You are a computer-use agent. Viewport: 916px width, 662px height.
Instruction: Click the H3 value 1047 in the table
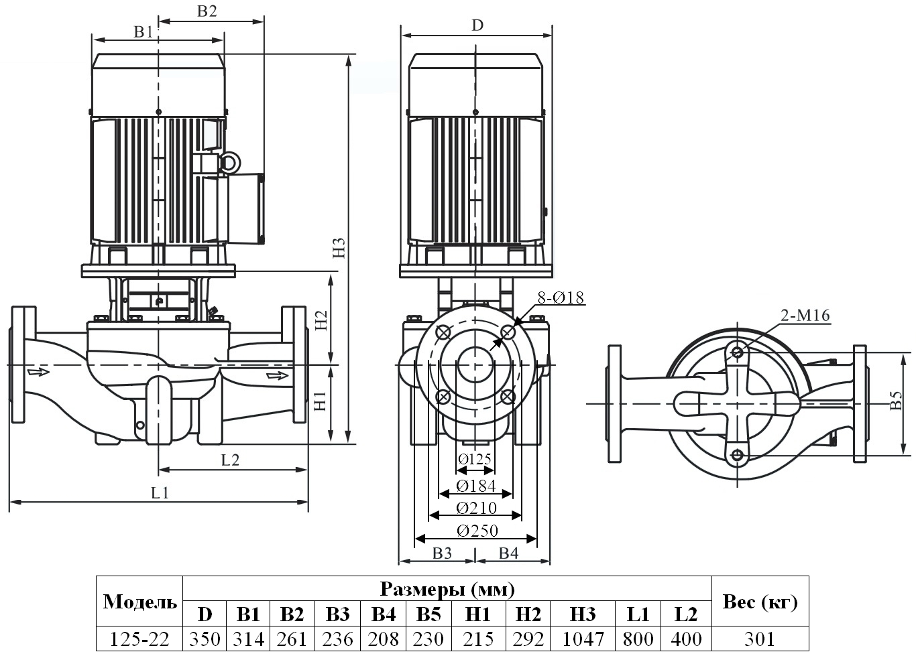(583, 639)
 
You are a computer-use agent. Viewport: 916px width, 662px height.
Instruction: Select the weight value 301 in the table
(759, 639)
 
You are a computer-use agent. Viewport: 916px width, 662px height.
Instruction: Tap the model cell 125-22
(139, 639)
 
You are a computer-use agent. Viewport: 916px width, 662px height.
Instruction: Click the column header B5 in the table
(428, 614)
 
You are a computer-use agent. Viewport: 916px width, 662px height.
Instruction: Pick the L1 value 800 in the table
(638, 639)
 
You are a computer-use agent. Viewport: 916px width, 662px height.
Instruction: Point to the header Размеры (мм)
(447, 589)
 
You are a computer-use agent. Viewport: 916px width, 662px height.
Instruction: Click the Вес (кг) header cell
(759, 601)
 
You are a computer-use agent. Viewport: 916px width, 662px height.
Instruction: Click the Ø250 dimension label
(477, 531)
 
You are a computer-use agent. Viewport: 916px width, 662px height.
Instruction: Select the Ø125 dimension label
(475, 459)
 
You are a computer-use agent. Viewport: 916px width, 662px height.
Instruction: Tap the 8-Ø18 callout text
(560, 298)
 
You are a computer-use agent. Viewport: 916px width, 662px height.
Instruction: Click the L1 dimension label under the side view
(160, 493)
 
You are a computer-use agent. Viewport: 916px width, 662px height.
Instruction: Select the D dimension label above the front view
(477, 25)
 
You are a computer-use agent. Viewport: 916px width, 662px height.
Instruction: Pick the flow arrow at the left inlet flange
(38, 371)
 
